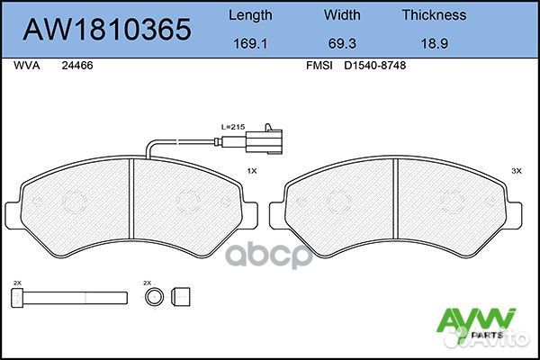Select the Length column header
[x=249, y=15]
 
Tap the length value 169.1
[x=249, y=41]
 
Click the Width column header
[x=342, y=15]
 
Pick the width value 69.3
[x=342, y=41]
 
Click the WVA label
[x=25, y=66]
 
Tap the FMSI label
[x=319, y=66]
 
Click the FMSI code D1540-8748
[x=374, y=66]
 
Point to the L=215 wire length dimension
[x=232, y=127]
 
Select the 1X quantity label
[x=252, y=170]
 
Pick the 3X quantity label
[x=516, y=170]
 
